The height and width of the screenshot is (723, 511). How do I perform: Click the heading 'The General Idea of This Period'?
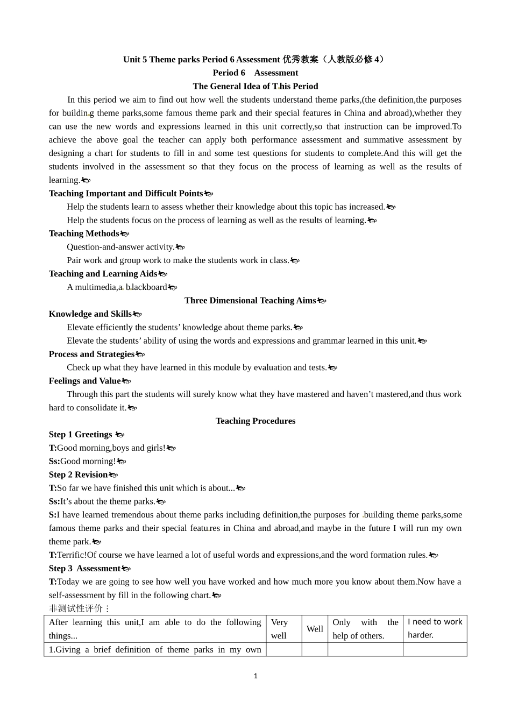[255, 86]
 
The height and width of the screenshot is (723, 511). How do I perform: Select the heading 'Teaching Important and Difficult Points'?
[126, 193]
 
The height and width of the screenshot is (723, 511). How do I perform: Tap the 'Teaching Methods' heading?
[84, 233]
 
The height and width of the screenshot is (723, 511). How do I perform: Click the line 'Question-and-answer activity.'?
[120, 247]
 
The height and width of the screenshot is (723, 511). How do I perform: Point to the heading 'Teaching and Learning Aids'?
[103, 274]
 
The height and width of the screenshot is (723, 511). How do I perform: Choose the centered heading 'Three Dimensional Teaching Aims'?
[250, 301]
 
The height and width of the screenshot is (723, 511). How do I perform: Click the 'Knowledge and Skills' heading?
[90, 314]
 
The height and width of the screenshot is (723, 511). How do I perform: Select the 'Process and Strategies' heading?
[91, 354]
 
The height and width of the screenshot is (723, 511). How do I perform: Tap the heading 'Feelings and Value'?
[85, 381]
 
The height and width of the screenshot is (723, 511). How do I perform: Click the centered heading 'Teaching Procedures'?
[255, 421]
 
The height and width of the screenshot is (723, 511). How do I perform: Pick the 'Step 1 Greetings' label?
[81, 435]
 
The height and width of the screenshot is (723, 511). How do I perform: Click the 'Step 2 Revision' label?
[79, 474]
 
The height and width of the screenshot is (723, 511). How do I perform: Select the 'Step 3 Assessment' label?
[84, 569]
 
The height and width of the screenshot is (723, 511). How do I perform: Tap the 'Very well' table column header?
[283, 629]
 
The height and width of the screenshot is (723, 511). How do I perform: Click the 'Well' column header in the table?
[315, 629]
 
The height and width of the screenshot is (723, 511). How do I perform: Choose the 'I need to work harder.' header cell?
[435, 628]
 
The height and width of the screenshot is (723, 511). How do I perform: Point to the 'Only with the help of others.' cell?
[365, 629]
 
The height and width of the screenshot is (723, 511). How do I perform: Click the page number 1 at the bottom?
[256, 676]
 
